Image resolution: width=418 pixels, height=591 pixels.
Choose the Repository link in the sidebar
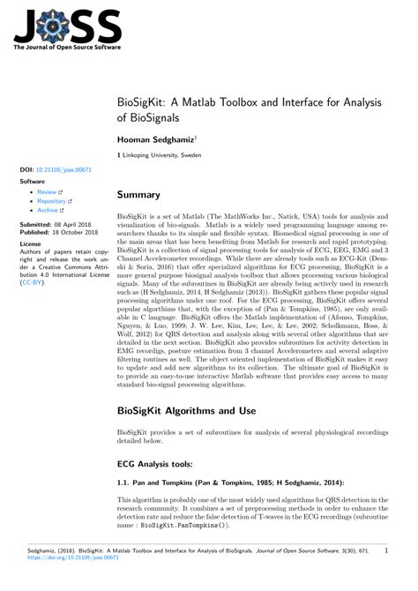[53, 201]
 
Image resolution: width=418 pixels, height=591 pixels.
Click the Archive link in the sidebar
[49, 211]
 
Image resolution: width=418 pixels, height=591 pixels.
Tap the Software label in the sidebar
[33, 180]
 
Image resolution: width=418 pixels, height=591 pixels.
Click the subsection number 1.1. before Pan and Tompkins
[124, 483]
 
